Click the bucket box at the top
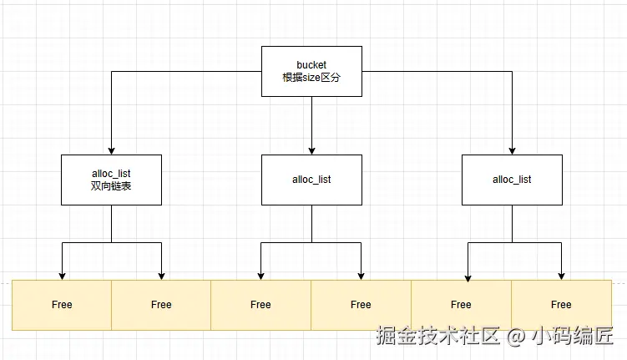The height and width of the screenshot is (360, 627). tap(311, 71)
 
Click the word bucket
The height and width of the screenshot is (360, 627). tap(311, 64)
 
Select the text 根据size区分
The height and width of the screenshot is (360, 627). tap(311, 78)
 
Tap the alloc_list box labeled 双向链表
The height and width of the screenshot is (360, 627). tap(111, 180)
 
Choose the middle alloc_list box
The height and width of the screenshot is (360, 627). tap(311, 180)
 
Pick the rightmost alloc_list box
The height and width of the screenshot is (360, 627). tap(512, 180)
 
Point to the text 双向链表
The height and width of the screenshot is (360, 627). tap(111, 186)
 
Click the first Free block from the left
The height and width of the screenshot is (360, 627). tap(62, 305)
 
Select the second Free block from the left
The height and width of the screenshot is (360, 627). tap(161, 305)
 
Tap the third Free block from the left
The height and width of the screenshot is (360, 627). tap(260, 305)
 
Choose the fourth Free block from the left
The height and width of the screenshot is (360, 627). tap(361, 305)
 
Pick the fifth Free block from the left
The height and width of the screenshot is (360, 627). tap(461, 305)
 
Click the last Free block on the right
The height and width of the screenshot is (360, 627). tap(561, 305)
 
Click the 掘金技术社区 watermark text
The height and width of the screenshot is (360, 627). tap(438, 336)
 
